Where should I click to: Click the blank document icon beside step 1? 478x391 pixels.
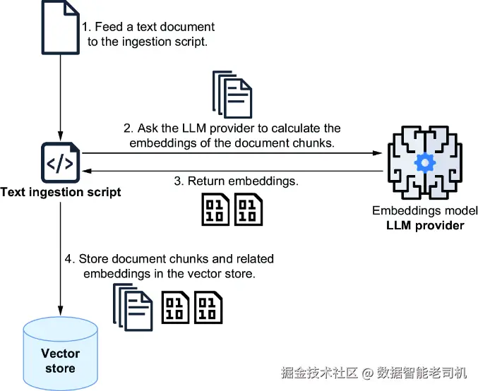(x=61, y=28)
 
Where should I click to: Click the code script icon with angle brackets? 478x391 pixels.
(x=61, y=162)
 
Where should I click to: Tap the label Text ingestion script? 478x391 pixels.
(x=61, y=192)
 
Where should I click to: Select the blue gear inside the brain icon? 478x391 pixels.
(x=424, y=163)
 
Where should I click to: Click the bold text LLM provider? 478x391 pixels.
(x=425, y=225)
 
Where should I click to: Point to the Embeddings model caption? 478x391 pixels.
(x=425, y=211)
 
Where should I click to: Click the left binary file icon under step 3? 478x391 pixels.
(x=215, y=210)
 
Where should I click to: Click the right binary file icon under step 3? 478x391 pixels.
(x=249, y=210)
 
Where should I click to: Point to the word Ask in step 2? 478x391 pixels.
(x=149, y=128)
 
